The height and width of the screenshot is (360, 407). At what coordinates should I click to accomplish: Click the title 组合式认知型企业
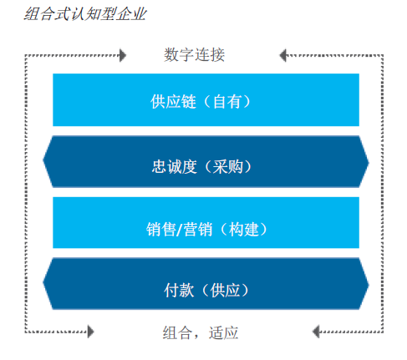tap(85, 14)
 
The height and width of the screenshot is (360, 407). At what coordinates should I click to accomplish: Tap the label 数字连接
tap(194, 54)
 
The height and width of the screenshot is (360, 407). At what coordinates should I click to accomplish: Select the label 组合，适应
tap(201, 332)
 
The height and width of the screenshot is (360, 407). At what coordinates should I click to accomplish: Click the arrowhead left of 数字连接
tap(123, 55)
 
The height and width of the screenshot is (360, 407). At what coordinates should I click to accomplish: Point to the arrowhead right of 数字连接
tap(283, 55)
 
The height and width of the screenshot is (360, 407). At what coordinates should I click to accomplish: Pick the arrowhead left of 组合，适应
tap(91, 332)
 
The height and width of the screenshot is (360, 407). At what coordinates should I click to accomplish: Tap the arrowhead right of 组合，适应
tap(316, 332)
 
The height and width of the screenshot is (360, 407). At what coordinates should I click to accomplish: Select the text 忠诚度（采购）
tap(202, 167)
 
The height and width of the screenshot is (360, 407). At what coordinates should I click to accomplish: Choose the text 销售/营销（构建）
tap(207, 230)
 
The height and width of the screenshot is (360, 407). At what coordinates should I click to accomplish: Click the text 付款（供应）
tap(206, 290)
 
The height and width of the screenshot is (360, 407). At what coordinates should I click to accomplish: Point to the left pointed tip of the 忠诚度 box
tap(43, 160)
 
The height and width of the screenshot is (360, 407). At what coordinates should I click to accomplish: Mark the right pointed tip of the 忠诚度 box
tap(369, 163)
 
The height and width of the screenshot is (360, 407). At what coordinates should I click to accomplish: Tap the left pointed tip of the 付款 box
tap(43, 282)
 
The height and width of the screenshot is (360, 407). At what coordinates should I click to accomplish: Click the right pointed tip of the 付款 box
tap(369, 285)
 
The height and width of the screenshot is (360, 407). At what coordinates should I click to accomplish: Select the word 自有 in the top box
tap(226, 101)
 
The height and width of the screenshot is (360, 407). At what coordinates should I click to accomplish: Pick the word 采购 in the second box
tap(227, 167)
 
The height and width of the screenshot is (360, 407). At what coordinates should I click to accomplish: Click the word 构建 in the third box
tap(244, 230)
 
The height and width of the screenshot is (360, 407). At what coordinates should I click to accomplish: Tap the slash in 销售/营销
tap(180, 230)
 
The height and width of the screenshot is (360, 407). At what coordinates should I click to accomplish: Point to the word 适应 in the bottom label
tap(223, 332)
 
